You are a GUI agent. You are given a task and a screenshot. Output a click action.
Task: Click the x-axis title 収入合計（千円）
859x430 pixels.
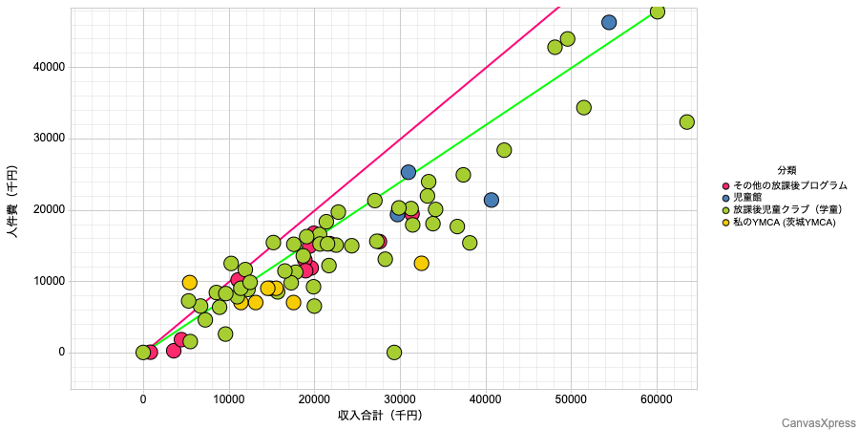[380, 416]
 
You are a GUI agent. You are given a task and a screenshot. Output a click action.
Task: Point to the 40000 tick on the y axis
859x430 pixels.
[47, 67]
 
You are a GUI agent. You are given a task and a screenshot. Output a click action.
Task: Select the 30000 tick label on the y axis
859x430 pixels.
[47, 139]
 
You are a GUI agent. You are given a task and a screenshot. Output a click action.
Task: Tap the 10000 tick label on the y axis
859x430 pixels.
[47, 281]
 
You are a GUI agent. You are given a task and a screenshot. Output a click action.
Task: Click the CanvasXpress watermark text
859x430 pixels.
[817, 421]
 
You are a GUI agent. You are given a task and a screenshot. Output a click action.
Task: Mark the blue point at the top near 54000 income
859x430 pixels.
[609, 22]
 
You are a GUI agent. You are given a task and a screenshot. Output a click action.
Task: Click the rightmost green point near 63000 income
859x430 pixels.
[686, 122]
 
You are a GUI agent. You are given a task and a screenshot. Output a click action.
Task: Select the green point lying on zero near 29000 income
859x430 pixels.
[394, 353]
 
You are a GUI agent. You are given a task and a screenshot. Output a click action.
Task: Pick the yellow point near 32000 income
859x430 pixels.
[421, 263]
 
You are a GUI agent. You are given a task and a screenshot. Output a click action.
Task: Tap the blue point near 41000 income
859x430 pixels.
[492, 200]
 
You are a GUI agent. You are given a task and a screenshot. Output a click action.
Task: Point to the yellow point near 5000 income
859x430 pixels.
[190, 283]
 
